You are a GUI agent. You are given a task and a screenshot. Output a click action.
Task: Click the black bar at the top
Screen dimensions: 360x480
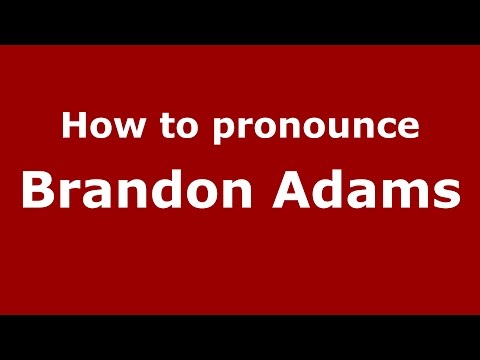(x=240, y=21)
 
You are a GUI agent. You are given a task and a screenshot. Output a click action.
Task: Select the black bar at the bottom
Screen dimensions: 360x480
(x=240, y=337)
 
